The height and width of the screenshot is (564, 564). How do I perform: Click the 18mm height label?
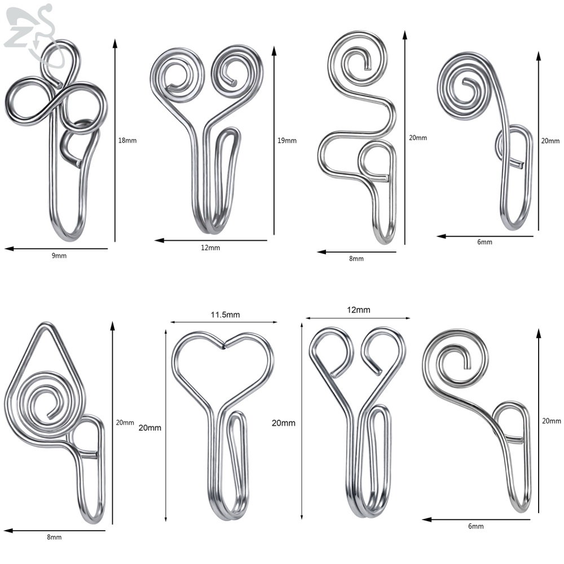coord(127,140)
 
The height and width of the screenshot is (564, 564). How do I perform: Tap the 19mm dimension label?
coord(287,140)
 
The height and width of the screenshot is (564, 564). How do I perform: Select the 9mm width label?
coord(59,255)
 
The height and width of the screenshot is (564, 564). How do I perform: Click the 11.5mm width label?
coord(225,315)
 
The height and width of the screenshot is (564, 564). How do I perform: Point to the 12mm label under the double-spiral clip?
coord(210,248)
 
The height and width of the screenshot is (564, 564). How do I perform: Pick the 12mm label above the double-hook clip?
coord(358,310)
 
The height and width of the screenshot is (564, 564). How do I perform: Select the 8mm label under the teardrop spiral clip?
coord(54,537)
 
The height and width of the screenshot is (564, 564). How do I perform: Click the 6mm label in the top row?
coord(484,242)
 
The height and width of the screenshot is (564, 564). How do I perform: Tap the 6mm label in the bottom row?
coord(475,526)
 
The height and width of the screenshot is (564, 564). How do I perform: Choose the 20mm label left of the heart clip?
coord(149,428)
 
